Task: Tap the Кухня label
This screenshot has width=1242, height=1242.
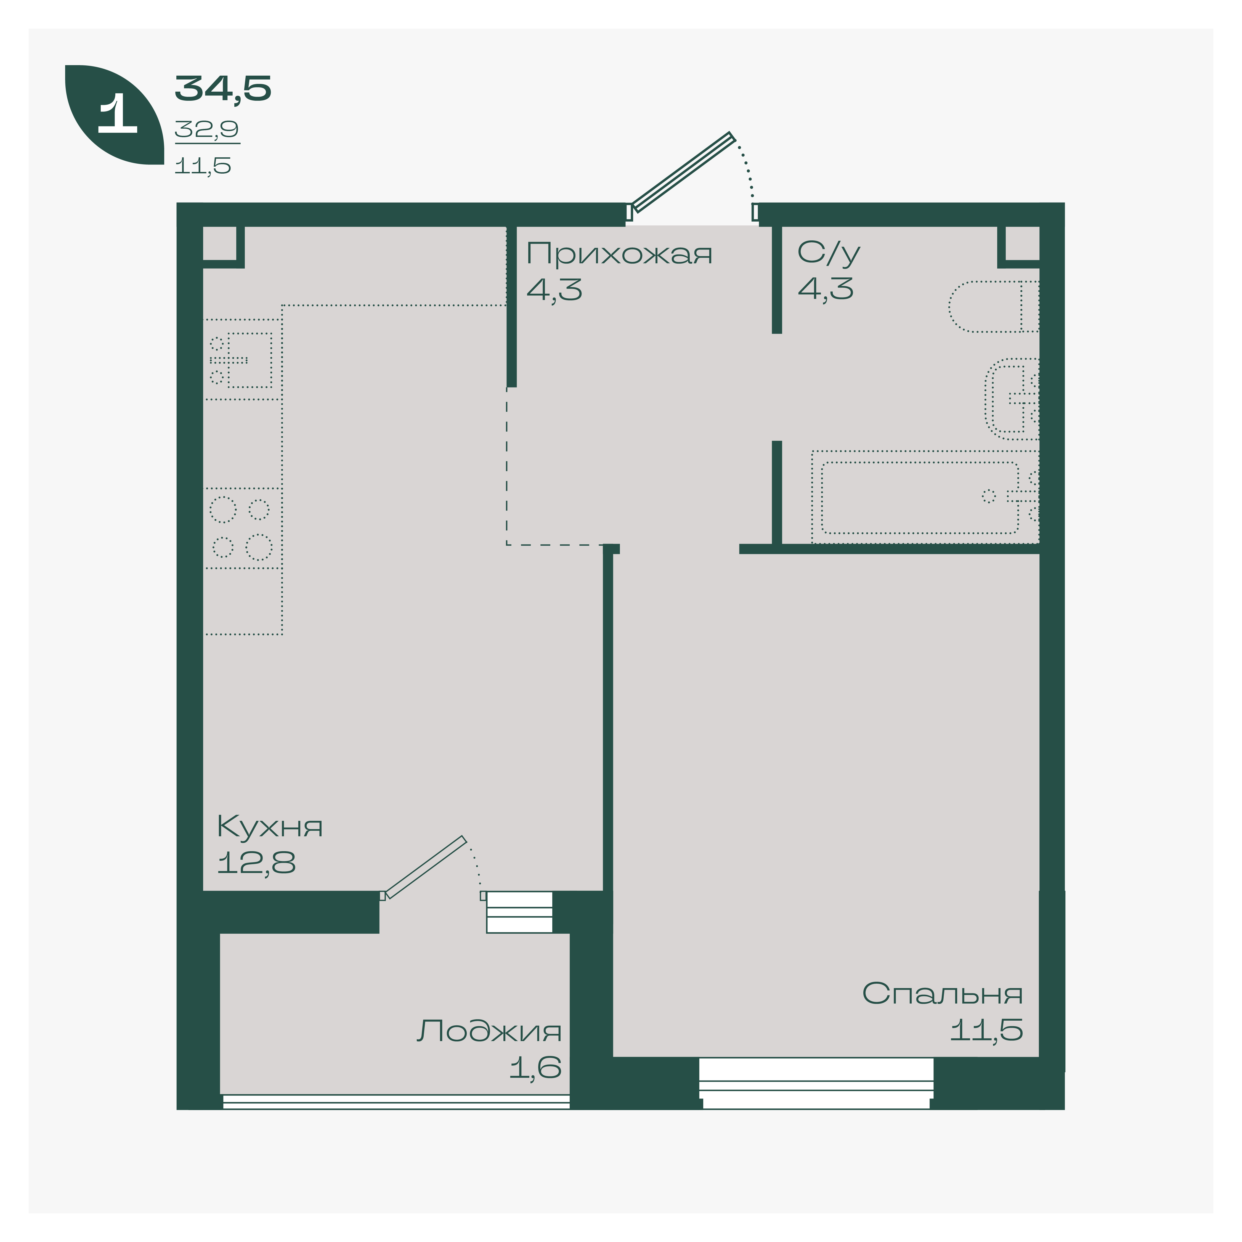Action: coord(270,827)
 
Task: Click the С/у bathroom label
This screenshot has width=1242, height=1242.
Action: coord(829,253)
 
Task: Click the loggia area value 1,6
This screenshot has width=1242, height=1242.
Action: coord(535,1068)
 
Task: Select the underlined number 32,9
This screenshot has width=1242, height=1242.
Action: coord(207,130)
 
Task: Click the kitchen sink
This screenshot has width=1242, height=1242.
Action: coord(241,360)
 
